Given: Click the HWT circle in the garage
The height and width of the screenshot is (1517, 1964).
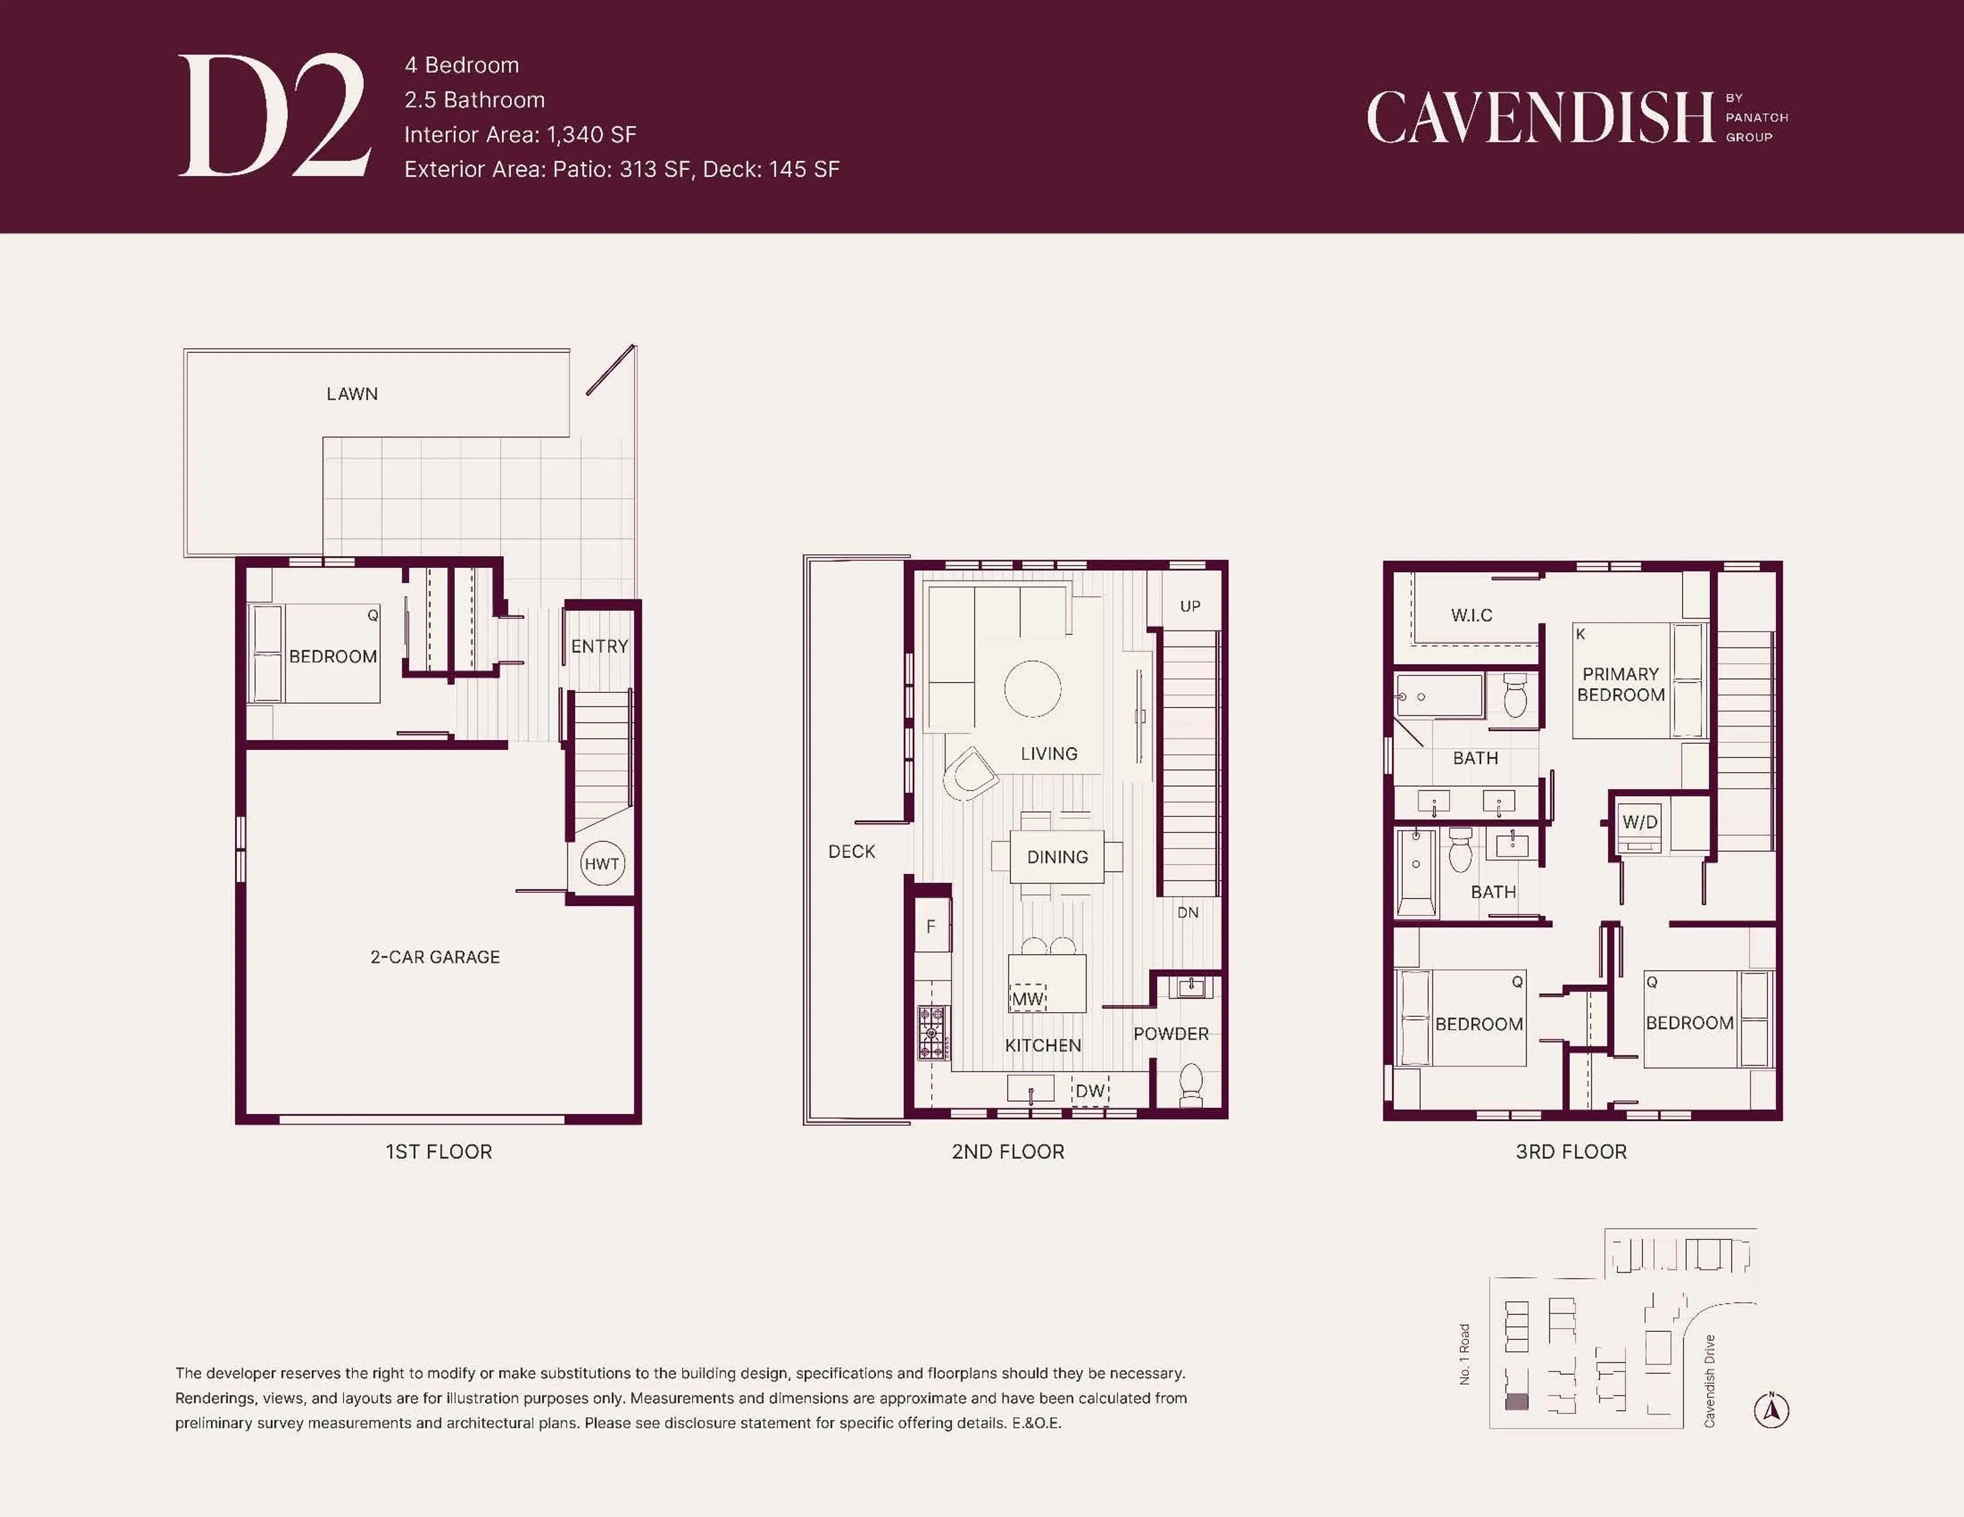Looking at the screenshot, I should pos(601,863).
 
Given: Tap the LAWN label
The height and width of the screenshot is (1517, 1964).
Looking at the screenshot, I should pos(351,394).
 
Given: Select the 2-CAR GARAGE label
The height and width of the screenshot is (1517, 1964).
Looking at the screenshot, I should pos(435,957).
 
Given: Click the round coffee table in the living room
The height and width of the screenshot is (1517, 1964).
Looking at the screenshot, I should pos(1032,689).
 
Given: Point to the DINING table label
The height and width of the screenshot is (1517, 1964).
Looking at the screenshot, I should pos(1058,857).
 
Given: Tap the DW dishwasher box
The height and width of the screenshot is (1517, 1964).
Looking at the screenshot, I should pos(1090,1091).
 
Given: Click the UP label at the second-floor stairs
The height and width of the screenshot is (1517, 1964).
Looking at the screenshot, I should pos(1190,606).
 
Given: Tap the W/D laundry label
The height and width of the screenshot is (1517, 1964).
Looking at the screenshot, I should pos(1639,822).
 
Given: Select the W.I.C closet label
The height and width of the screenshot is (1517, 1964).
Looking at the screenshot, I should pos(1471,615).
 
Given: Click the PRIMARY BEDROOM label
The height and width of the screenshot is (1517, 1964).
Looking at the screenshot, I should pos(1620,684).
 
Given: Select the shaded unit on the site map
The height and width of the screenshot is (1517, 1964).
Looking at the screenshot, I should pos(1516,1401).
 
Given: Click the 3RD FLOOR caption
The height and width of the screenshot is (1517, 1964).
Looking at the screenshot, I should pos(1571,1152).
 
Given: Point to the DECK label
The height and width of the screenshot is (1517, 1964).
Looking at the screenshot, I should pos(852,852).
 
